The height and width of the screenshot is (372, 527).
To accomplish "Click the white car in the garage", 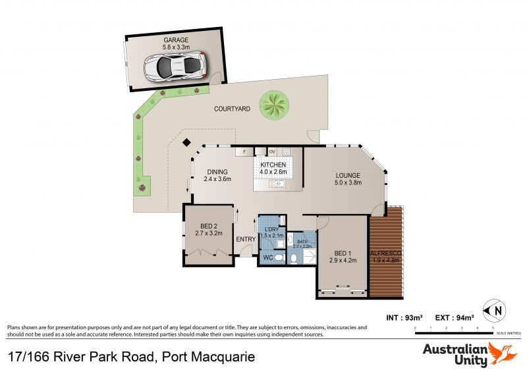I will point(175,66).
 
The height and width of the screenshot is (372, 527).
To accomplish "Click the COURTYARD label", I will point(232,109).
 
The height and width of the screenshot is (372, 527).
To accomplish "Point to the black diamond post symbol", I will point(186,142).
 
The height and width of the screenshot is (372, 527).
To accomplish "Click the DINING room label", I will point(217,171).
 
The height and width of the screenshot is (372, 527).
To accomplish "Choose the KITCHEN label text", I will point(273,164).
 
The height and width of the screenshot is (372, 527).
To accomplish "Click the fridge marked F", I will point(244,151).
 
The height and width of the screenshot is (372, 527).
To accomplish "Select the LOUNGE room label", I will point(347,175).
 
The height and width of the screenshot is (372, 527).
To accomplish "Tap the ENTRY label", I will point(246,239).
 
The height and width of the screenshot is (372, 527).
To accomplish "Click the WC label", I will point(268,257).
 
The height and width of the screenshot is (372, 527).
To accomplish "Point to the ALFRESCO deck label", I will point(386,253).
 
